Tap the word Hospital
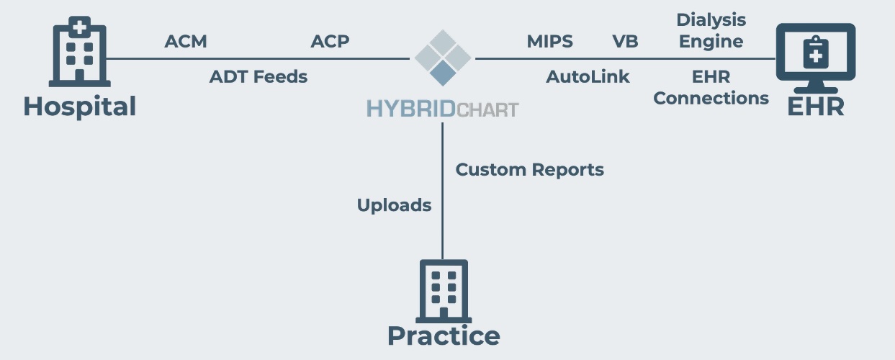pyautogui.click(x=79, y=107)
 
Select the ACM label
pyautogui.click(x=186, y=42)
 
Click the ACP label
pyautogui.click(x=330, y=42)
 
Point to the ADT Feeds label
pyautogui.click(x=258, y=76)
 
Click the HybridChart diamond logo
pyautogui.click(x=443, y=58)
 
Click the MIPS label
pyautogui.click(x=550, y=42)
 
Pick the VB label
pyautogui.click(x=625, y=42)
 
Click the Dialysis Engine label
pyautogui.click(x=711, y=31)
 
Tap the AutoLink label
pyautogui.click(x=588, y=76)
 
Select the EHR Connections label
pyautogui.click(x=711, y=87)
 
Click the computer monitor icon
pyautogui.click(x=816, y=55)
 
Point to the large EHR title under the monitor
pyautogui.click(x=816, y=107)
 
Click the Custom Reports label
pyautogui.click(x=530, y=170)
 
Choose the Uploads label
pyautogui.click(x=394, y=205)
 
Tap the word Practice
pyautogui.click(x=444, y=336)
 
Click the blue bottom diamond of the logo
pyautogui.click(x=443, y=72)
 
